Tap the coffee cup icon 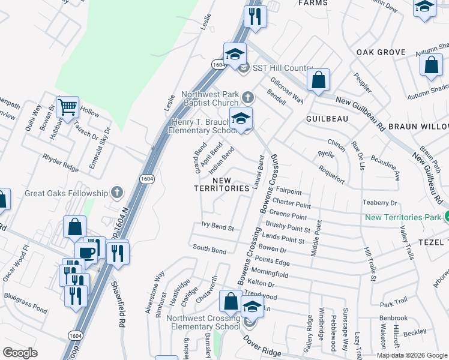coord(87,252)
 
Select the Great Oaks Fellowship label coord(65,193)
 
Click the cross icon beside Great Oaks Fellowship coord(117,193)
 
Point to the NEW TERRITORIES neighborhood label coord(221,184)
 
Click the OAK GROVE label coord(381,52)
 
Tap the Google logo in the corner coord(20,353)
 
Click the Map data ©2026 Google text coord(412,355)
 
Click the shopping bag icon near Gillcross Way coord(318,80)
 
